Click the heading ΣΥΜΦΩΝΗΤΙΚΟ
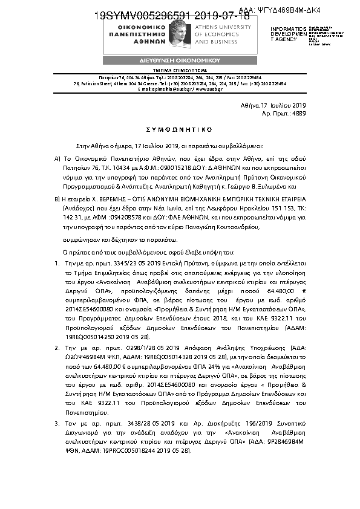[180, 129]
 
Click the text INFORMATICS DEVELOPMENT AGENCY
[284, 34]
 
